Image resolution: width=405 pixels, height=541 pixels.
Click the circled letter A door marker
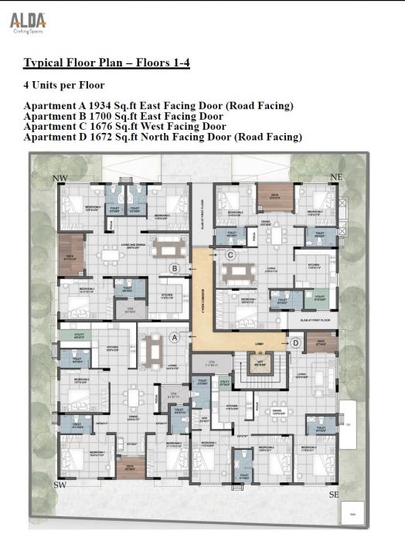(x=175, y=337)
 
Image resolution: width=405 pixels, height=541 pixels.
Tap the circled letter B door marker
(x=175, y=268)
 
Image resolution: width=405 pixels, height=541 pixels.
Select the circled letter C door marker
(x=230, y=254)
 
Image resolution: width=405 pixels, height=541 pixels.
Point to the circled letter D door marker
(x=295, y=342)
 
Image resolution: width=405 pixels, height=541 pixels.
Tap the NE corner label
(x=335, y=177)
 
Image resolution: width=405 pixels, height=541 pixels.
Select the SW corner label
(x=60, y=485)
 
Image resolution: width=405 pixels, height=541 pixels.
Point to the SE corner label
(x=333, y=492)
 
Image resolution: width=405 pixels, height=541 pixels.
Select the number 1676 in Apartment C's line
(x=101, y=127)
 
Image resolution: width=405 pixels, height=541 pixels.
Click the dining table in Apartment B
(x=167, y=249)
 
